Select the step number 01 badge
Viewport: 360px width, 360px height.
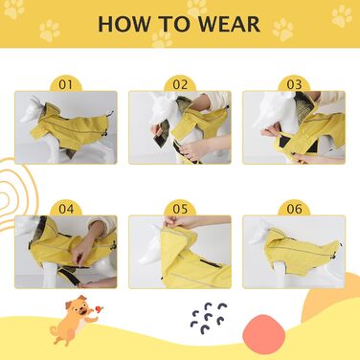pyautogui.click(x=66, y=84)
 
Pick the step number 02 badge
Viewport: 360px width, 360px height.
pyautogui.click(x=180, y=84)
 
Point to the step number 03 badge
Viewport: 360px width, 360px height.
pyautogui.click(x=294, y=84)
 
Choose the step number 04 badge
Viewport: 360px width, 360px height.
pyautogui.click(x=66, y=209)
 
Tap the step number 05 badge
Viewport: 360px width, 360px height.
pyautogui.click(x=180, y=209)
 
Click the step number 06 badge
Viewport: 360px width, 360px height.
pyautogui.click(x=294, y=209)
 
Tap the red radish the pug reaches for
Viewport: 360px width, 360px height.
pyautogui.click(x=100, y=309)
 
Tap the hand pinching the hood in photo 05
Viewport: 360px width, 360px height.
pyautogui.click(x=175, y=221)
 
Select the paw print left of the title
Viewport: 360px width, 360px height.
pyautogui.click(x=50, y=31)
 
